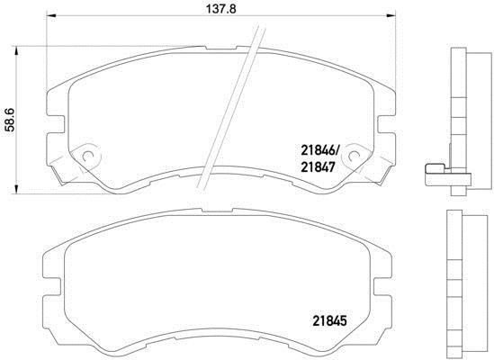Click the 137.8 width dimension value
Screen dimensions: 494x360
point(220,8)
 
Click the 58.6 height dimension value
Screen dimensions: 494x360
point(10,120)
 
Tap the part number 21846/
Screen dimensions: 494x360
point(319,151)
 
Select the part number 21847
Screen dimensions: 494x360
point(318,167)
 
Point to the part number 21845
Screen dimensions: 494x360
point(329,321)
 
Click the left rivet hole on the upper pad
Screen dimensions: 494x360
point(87,156)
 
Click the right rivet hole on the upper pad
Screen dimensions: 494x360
point(355,156)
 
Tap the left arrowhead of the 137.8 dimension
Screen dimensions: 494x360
point(51,14)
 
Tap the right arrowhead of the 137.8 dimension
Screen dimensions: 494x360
point(391,14)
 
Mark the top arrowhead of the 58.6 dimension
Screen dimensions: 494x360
point(16,51)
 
